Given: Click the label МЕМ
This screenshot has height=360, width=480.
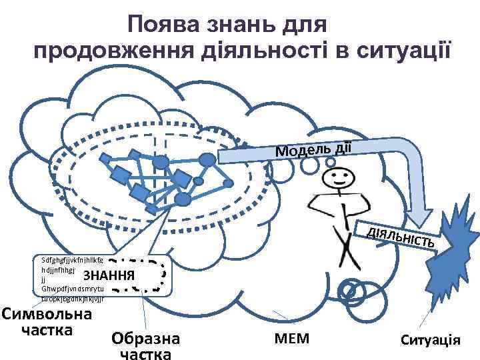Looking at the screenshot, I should [x=291, y=339].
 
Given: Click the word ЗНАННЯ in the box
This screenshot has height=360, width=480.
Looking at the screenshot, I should [x=109, y=275].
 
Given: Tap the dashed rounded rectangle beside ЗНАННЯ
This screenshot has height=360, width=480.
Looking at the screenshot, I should [x=137, y=275].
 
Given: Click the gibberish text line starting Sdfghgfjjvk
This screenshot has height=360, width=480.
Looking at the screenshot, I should [x=71, y=261].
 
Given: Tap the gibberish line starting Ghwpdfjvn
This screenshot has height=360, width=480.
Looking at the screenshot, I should [x=71, y=289].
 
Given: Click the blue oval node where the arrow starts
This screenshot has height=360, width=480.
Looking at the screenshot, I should [x=208, y=159].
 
